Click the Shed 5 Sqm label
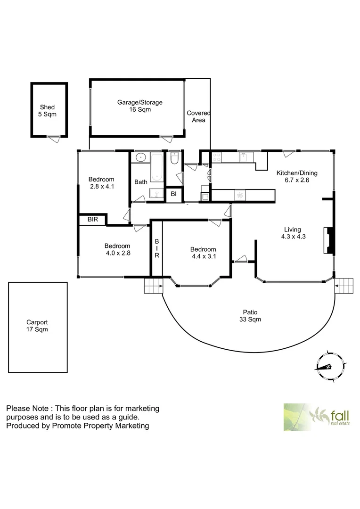(47, 111)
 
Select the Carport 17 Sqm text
(37, 326)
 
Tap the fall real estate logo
(315, 417)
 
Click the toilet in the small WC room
(174, 159)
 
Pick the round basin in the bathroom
(139, 157)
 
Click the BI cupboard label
(173, 194)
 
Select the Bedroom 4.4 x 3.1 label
(203, 253)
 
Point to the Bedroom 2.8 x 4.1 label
(102, 183)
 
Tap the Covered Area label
(198, 116)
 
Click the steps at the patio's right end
(345, 285)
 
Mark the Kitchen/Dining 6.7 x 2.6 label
(296, 176)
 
